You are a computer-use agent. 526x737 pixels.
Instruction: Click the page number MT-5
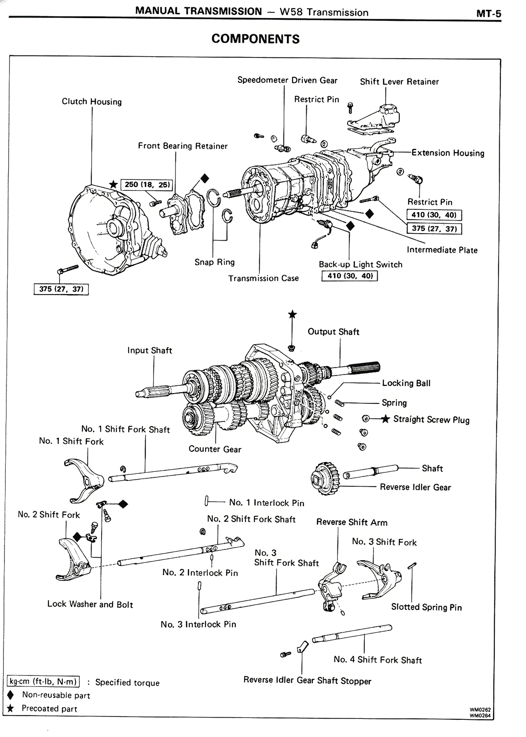(x=489, y=14)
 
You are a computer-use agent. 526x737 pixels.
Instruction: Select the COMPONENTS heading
(x=255, y=39)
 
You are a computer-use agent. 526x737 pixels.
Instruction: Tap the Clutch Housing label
(x=92, y=102)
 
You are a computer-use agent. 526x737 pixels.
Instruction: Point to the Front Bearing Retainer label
(x=182, y=146)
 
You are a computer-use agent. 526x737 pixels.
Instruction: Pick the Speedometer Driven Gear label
(x=287, y=80)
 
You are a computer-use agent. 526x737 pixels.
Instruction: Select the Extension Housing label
(x=448, y=153)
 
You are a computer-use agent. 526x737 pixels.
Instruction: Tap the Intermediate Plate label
(x=442, y=250)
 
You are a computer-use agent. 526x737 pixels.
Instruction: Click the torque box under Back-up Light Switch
(x=349, y=276)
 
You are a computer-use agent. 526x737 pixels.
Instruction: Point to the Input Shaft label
(x=150, y=350)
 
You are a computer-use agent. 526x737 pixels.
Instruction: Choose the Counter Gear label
(x=215, y=449)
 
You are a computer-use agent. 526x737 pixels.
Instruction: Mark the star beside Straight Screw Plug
(x=385, y=419)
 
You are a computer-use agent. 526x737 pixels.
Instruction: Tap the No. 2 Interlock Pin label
(x=200, y=573)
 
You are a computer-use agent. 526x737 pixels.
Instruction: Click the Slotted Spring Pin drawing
(x=413, y=566)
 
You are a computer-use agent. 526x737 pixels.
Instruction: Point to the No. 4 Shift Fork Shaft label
(x=378, y=660)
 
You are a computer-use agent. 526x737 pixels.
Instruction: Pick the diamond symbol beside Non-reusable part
(x=11, y=695)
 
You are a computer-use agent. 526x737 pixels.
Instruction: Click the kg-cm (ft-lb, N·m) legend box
(x=43, y=682)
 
